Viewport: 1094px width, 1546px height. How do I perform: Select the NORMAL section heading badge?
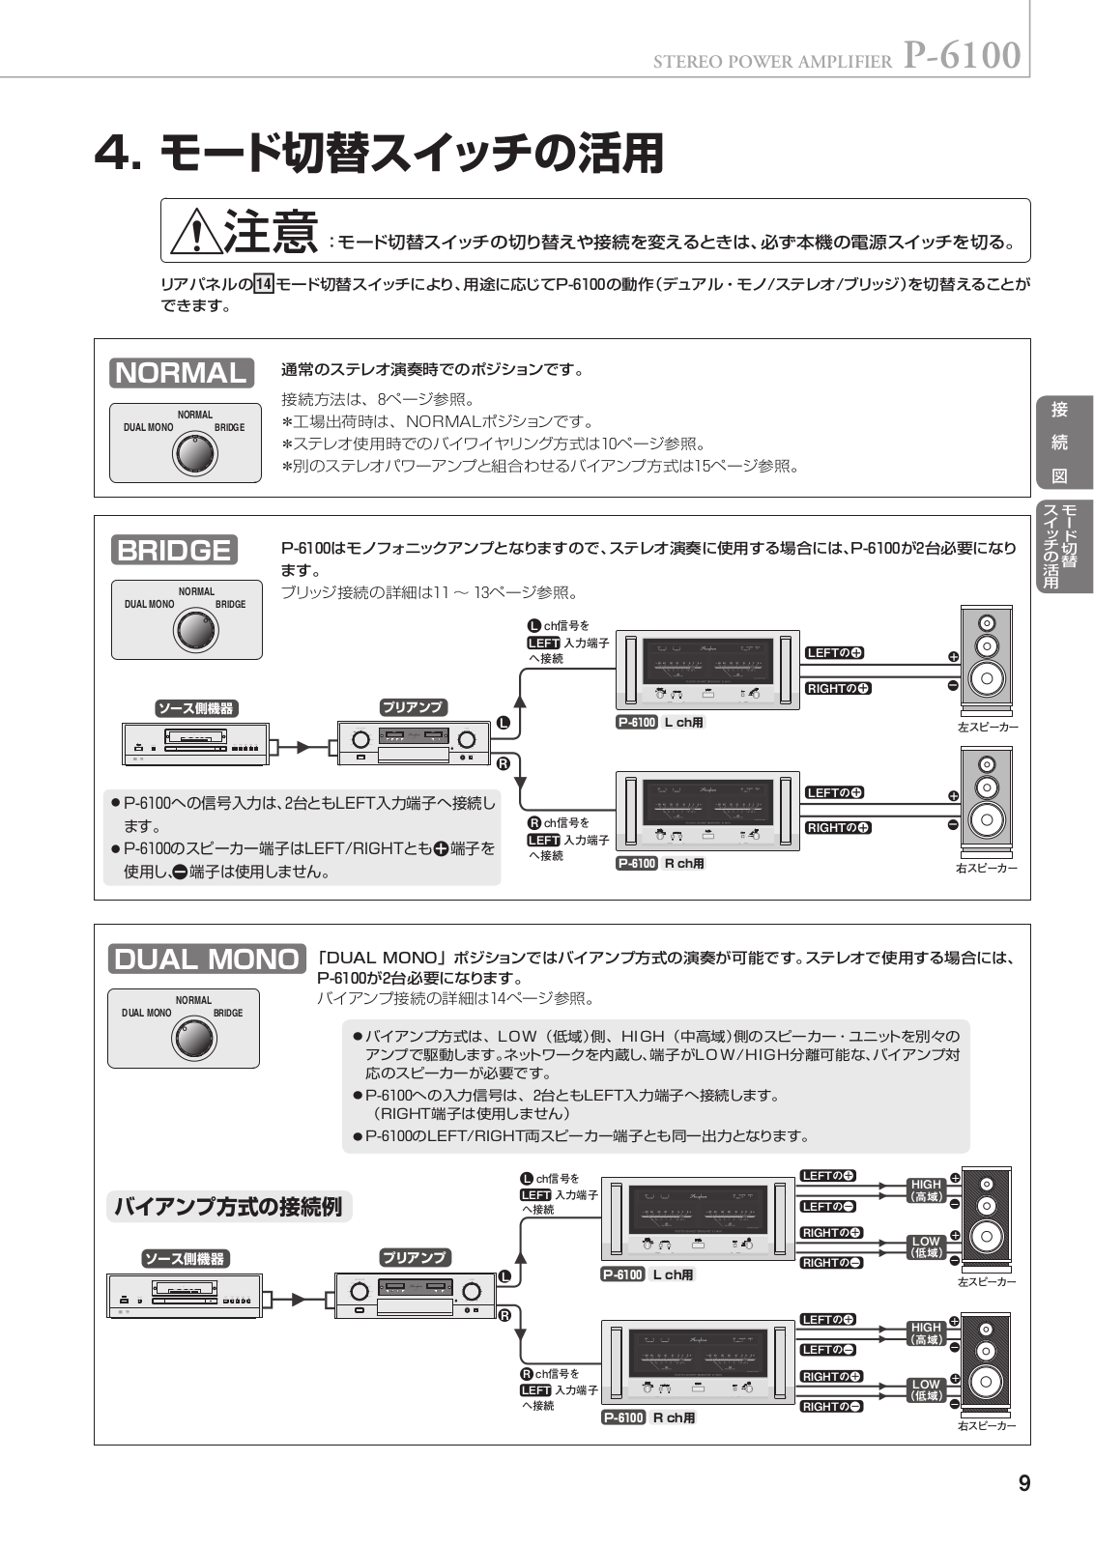[182, 372]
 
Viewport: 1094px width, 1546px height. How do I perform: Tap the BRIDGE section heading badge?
[174, 550]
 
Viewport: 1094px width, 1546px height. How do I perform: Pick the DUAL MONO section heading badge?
[207, 959]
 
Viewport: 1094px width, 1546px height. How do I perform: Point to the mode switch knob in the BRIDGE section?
[196, 630]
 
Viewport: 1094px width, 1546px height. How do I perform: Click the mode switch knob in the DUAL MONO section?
[193, 1039]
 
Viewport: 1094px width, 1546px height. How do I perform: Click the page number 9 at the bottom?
[1023, 1483]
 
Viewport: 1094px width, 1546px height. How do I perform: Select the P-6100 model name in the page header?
[962, 56]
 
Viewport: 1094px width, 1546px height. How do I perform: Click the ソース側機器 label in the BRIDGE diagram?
[196, 708]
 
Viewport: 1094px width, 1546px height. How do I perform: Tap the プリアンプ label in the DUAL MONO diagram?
[414, 1257]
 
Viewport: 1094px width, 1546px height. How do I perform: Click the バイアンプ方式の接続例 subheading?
[228, 1207]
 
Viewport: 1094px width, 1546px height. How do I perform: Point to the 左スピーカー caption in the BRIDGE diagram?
[987, 727]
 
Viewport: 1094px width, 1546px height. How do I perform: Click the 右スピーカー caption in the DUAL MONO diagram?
[987, 1425]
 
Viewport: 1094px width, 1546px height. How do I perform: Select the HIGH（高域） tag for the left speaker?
[926, 1190]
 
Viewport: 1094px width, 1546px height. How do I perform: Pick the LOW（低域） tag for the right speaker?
[926, 1389]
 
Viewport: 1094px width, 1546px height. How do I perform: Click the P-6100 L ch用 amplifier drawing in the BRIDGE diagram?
[707, 669]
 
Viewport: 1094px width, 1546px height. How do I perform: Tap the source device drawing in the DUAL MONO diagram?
[184, 1296]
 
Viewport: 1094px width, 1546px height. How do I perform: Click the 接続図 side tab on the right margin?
[1060, 443]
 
